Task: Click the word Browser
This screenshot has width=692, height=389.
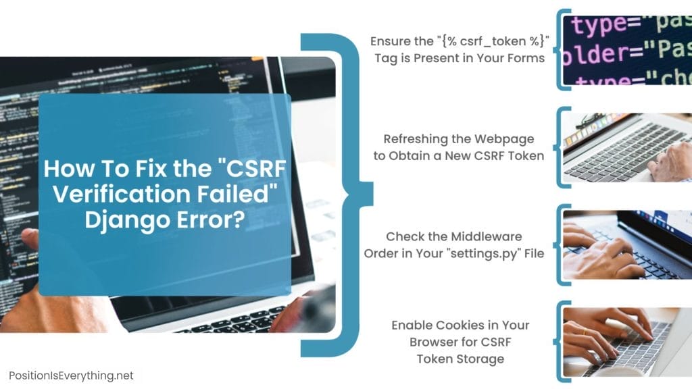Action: [437, 342]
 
